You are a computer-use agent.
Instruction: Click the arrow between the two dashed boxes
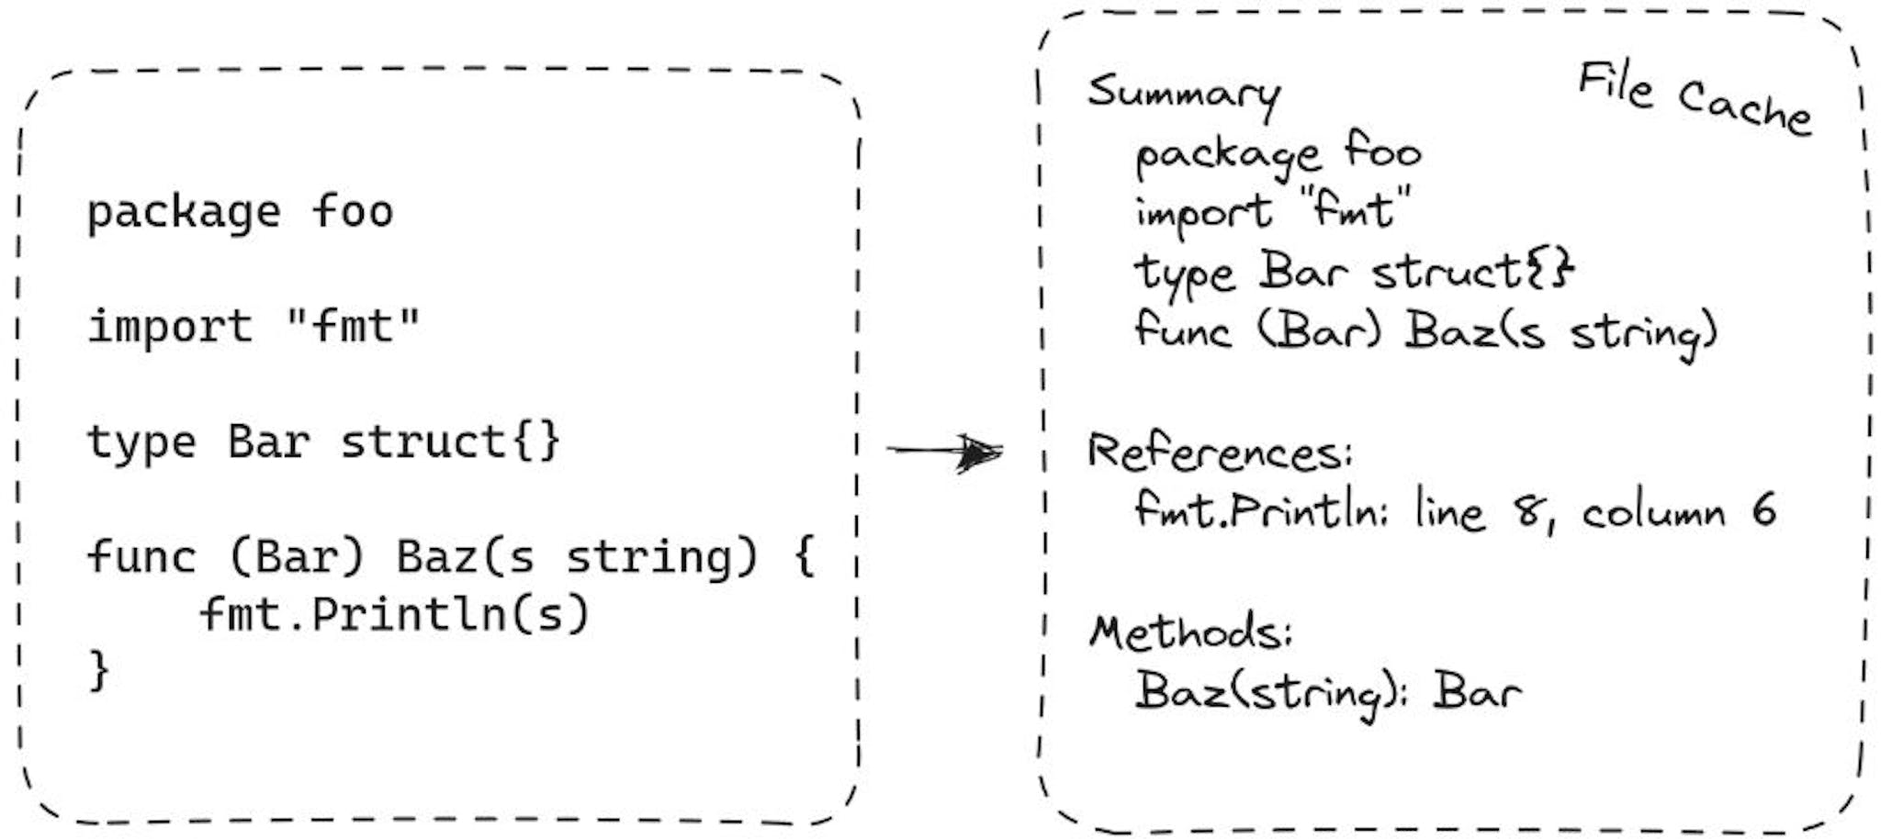point(944,451)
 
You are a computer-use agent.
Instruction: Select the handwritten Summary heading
point(1184,95)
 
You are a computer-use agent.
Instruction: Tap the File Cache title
point(1695,98)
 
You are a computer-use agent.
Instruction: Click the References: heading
point(1220,453)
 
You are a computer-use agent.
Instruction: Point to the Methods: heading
point(1191,632)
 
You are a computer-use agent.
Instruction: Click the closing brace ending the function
point(98,670)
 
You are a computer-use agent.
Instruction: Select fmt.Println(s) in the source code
point(394,614)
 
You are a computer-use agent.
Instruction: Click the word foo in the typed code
point(353,211)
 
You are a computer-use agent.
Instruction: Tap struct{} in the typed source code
point(450,442)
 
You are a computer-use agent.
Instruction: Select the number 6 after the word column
point(1763,510)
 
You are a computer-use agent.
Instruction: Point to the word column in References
point(1653,512)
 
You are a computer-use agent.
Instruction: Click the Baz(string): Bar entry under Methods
point(1328,692)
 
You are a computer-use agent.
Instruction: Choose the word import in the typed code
point(170,327)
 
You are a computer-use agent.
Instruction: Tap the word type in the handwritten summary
point(1184,274)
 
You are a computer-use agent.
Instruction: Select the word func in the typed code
point(141,555)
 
